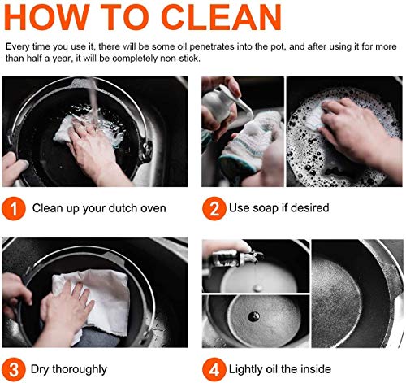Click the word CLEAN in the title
coord(222,17)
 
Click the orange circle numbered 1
coord(14,208)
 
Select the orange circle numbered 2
coord(214,208)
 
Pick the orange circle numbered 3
coord(14,369)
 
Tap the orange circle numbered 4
coord(214,369)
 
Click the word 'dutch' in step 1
coord(123,208)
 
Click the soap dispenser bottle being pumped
coord(220,104)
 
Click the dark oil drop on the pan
coord(253,316)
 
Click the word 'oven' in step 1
coord(153,208)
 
